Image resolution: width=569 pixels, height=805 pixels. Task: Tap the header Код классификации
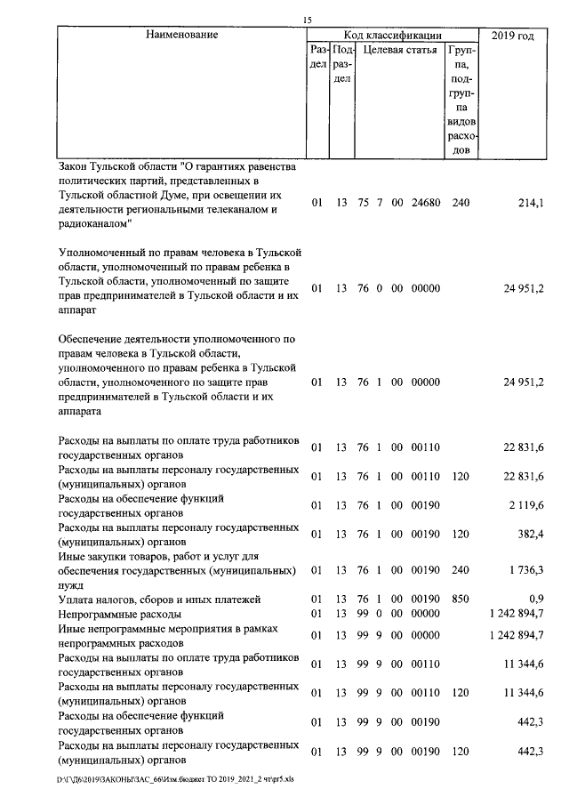(393, 36)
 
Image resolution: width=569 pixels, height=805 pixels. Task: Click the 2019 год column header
(513, 36)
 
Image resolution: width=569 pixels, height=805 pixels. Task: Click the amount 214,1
(530, 204)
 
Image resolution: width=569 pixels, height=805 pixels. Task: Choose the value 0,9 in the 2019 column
(535, 601)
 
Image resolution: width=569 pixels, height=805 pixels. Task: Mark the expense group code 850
(461, 600)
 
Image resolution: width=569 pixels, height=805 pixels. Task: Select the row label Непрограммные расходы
(119, 614)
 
